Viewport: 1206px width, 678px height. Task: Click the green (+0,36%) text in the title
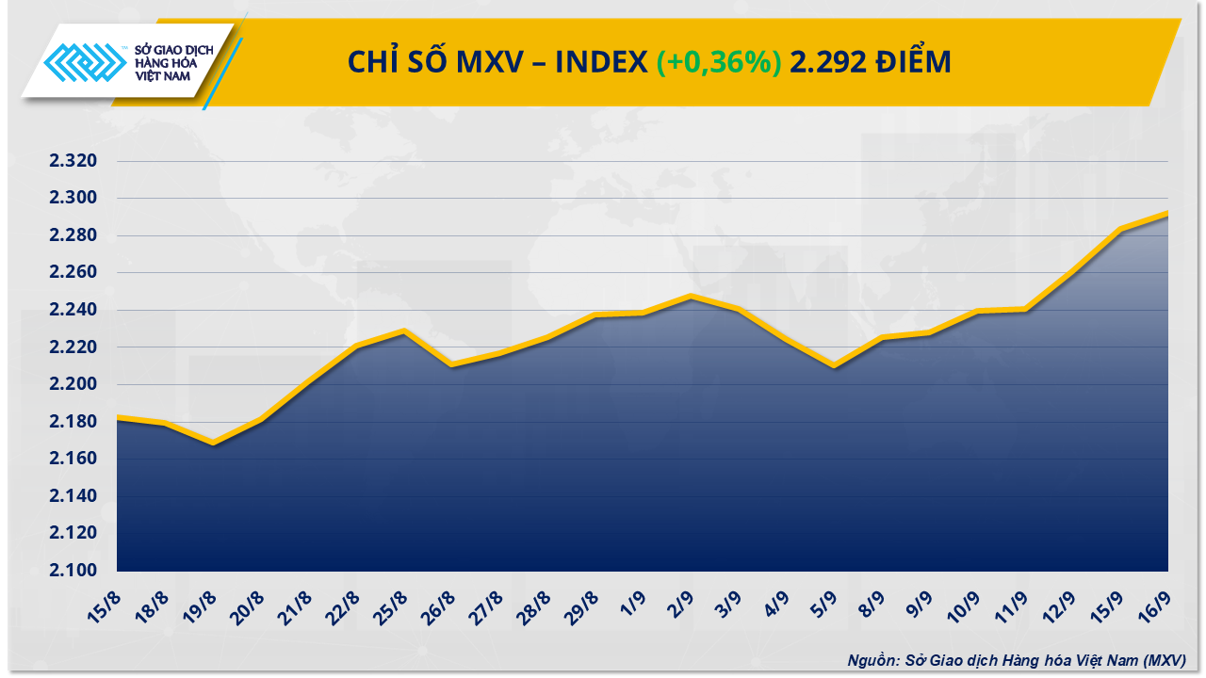click(719, 62)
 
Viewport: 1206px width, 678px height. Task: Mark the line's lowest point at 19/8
click(215, 443)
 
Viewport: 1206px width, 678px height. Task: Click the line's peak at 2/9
click(692, 296)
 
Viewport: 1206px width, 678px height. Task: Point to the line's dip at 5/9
click(834, 366)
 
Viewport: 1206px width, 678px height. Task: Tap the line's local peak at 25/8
click(404, 331)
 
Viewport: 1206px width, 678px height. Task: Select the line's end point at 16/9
click(1167, 213)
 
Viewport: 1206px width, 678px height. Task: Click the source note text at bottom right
click(1017, 661)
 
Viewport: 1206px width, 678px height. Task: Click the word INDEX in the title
click(601, 62)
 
